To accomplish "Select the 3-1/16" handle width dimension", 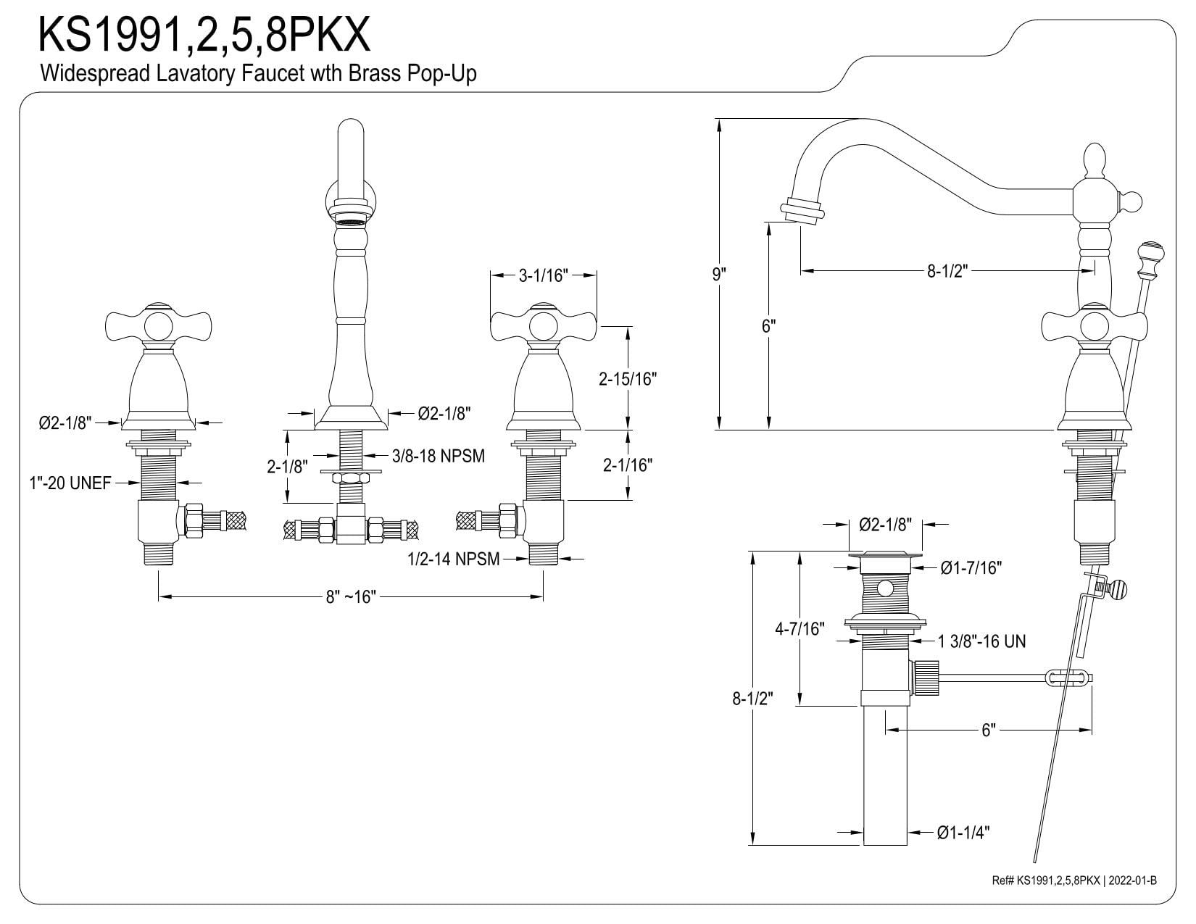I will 543,275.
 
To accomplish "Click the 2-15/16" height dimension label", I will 627,378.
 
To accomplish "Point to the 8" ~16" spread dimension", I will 351,596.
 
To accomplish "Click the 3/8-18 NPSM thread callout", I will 438,456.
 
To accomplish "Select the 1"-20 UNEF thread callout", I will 70,483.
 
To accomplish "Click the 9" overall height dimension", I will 718,275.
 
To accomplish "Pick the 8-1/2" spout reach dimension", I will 947,271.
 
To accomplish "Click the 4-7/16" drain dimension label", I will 800,629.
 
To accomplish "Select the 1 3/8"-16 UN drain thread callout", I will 981,641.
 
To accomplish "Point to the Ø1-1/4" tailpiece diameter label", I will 963,833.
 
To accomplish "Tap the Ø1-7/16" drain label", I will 971,568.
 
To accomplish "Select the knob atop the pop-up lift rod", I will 1150,254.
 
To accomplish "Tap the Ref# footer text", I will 1074,881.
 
